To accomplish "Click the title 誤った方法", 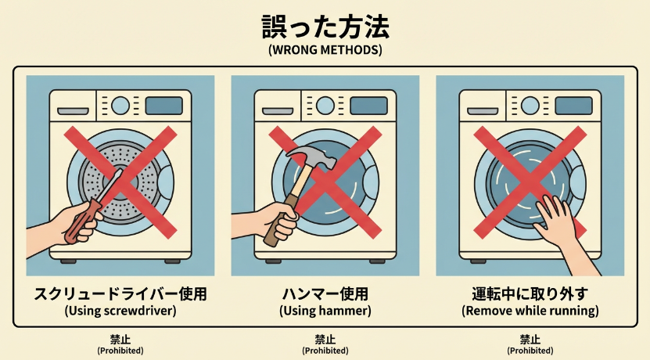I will (325, 26).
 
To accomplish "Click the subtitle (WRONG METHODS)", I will (325, 50).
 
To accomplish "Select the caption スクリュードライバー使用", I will (120, 294).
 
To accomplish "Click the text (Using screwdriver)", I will (120, 311).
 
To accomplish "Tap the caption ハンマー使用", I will (325, 294).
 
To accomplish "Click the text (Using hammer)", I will (325, 311).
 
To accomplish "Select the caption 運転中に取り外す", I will (530, 294).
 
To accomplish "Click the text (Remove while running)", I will (530, 311).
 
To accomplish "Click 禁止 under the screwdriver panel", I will (120, 339).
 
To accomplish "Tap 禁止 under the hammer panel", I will (325, 339).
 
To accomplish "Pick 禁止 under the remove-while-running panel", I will (530, 339).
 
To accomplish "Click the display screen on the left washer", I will (163, 106).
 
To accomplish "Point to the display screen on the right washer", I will (573, 106).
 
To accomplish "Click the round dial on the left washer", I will (120, 105).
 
